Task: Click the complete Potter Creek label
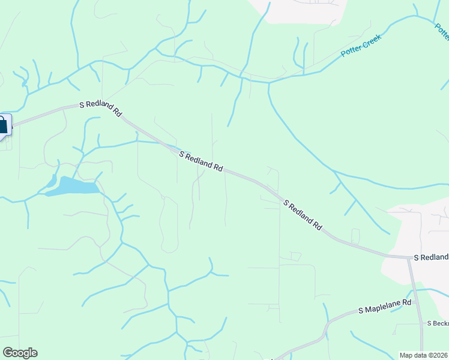pos(361,44)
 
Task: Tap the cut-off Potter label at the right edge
pos(442,31)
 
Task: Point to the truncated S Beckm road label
pos(438,323)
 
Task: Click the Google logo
pos(20,353)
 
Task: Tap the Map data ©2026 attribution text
pos(424,355)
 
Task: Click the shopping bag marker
pos(2,125)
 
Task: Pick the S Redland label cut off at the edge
pos(430,257)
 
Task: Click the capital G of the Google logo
pos(8,353)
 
